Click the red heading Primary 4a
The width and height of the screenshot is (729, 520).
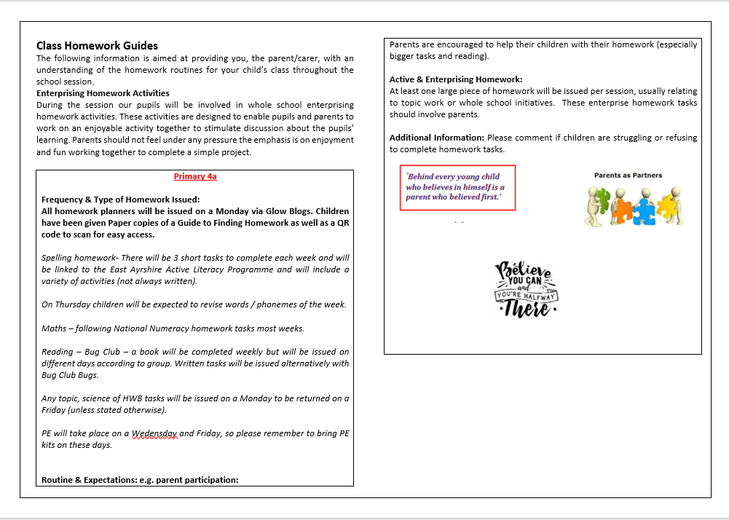coord(194,176)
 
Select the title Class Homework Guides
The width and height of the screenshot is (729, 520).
coord(97,46)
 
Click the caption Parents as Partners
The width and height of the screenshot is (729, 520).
coord(628,176)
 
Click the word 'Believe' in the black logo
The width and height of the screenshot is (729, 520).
coord(524,271)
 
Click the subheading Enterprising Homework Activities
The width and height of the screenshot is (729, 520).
coord(103,93)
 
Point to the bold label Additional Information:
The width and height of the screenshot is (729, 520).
coord(437,138)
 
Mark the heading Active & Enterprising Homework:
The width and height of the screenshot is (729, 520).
coord(456,79)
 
